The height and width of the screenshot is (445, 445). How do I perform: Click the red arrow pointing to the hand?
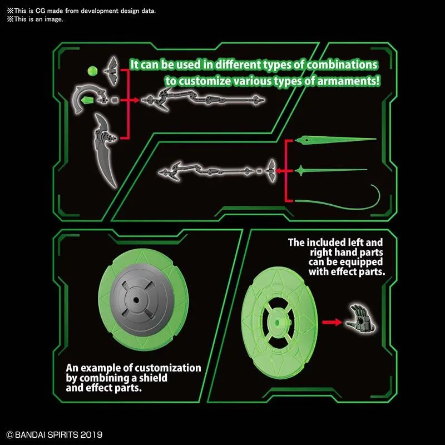(332, 321)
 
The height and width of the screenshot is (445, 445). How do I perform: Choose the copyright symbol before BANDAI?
(10, 434)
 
